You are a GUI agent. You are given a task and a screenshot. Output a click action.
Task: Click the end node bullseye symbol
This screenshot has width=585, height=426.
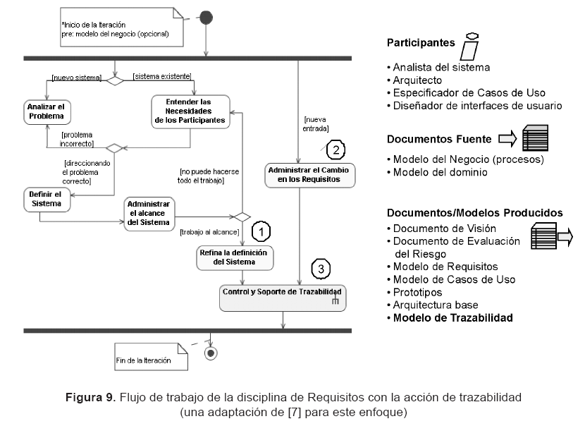coord(209,353)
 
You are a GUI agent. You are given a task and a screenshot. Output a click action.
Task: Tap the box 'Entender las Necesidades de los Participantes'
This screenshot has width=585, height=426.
coord(191,111)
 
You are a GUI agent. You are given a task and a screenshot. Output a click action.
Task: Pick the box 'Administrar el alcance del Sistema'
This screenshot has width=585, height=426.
coord(148,212)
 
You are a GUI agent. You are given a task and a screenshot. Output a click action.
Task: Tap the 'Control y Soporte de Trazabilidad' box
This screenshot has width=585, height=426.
coord(283,295)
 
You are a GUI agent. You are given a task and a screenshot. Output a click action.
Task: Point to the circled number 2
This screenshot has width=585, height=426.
coord(336,149)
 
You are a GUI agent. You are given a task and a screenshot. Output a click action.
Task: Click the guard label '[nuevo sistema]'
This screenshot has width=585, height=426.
coord(76,76)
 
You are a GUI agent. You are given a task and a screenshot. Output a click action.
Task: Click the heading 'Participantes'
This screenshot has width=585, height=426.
coord(420,43)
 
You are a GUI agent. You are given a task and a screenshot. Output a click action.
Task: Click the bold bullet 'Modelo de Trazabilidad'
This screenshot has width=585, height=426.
coord(452,317)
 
